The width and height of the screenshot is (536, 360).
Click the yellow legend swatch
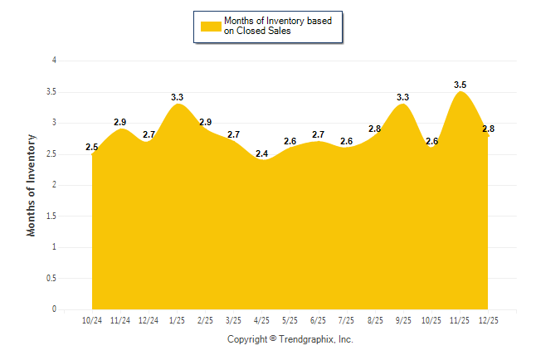[211, 26]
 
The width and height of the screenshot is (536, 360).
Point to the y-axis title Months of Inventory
[32, 185]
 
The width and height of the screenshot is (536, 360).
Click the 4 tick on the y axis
[54, 61]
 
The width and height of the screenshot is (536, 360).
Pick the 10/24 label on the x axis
[92, 320]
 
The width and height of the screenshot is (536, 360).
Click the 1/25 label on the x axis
[177, 320]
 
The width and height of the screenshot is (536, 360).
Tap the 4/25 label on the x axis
[261, 320]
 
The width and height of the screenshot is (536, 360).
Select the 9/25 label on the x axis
[402, 320]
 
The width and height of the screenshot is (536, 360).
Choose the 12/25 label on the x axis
[487, 320]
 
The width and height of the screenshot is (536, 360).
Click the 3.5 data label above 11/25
[460, 85]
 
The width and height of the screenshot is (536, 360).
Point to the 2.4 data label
[261, 153]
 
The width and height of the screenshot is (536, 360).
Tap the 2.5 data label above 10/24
[92, 148]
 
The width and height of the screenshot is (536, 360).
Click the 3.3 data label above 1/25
[177, 97]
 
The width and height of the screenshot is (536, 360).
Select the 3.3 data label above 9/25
[402, 97]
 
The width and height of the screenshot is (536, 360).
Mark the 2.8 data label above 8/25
[374, 129]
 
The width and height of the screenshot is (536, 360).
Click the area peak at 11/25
[460, 93]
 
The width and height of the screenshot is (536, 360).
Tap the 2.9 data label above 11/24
[120, 122]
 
